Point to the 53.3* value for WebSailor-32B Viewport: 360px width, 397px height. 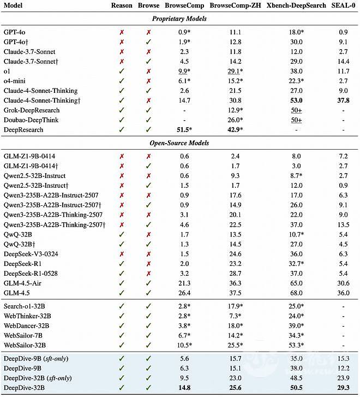click(297, 345)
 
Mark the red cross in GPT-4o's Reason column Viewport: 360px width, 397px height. click(122, 32)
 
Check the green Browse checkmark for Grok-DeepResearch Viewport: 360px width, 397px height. click(148, 110)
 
